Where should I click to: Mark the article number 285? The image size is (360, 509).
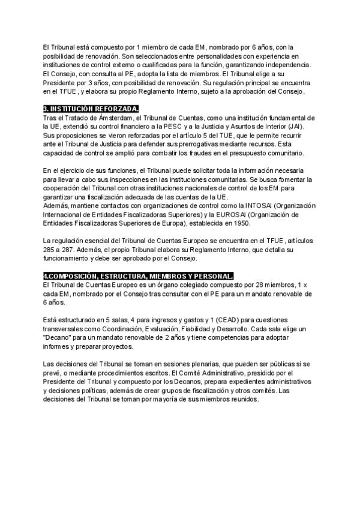pyautogui.click(x=50, y=248)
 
